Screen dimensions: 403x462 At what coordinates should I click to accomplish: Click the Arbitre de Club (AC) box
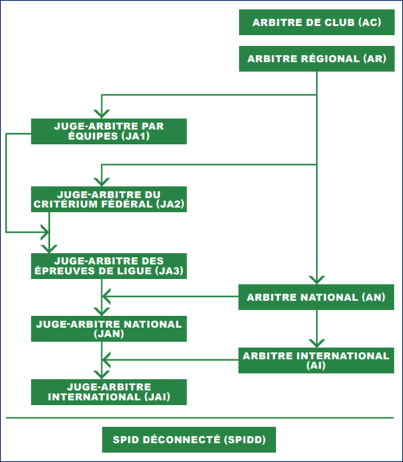[x=317, y=23]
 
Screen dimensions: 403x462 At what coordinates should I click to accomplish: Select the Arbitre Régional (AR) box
[x=317, y=58]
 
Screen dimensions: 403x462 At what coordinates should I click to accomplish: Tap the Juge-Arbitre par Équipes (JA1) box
[x=109, y=131]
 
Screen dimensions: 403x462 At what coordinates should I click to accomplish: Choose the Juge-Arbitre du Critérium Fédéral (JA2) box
[x=109, y=199]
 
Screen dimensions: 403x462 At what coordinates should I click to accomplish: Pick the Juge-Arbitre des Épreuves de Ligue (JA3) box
[x=109, y=266]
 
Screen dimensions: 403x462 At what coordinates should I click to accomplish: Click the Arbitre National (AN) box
[x=316, y=297]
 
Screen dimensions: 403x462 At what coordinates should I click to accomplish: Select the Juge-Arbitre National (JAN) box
[x=109, y=329]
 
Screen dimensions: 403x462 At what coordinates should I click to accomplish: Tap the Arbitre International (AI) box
[x=316, y=361]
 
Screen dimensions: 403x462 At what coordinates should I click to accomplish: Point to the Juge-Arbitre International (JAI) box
[x=109, y=392]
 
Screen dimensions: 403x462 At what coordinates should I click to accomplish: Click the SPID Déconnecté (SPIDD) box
[x=189, y=439]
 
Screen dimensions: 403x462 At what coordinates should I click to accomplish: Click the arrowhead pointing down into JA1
[x=102, y=114]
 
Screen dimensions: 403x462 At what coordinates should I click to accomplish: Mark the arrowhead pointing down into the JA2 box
[x=102, y=182]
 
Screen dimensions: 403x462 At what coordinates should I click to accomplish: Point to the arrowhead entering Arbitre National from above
[x=317, y=280]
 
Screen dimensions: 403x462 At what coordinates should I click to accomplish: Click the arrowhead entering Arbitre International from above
[x=317, y=343]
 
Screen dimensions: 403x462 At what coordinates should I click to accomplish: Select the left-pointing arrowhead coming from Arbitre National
[x=106, y=296]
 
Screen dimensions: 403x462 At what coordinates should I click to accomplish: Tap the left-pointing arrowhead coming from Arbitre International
[x=106, y=360]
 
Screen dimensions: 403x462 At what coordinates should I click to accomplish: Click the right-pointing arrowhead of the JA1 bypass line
[x=45, y=232]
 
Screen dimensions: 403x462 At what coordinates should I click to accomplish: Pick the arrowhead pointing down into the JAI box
[x=102, y=375]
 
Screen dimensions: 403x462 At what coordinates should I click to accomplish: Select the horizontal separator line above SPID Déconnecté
[x=200, y=418]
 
